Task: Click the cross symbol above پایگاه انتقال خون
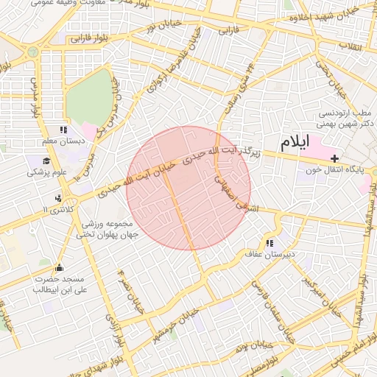(x=336, y=158)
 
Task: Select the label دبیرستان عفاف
(x=269, y=254)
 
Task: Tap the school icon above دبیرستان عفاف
(x=269, y=242)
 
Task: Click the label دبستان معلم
(x=63, y=141)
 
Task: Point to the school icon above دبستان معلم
(x=72, y=130)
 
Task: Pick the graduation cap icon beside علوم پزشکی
(x=46, y=161)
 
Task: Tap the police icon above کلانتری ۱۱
(x=58, y=197)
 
